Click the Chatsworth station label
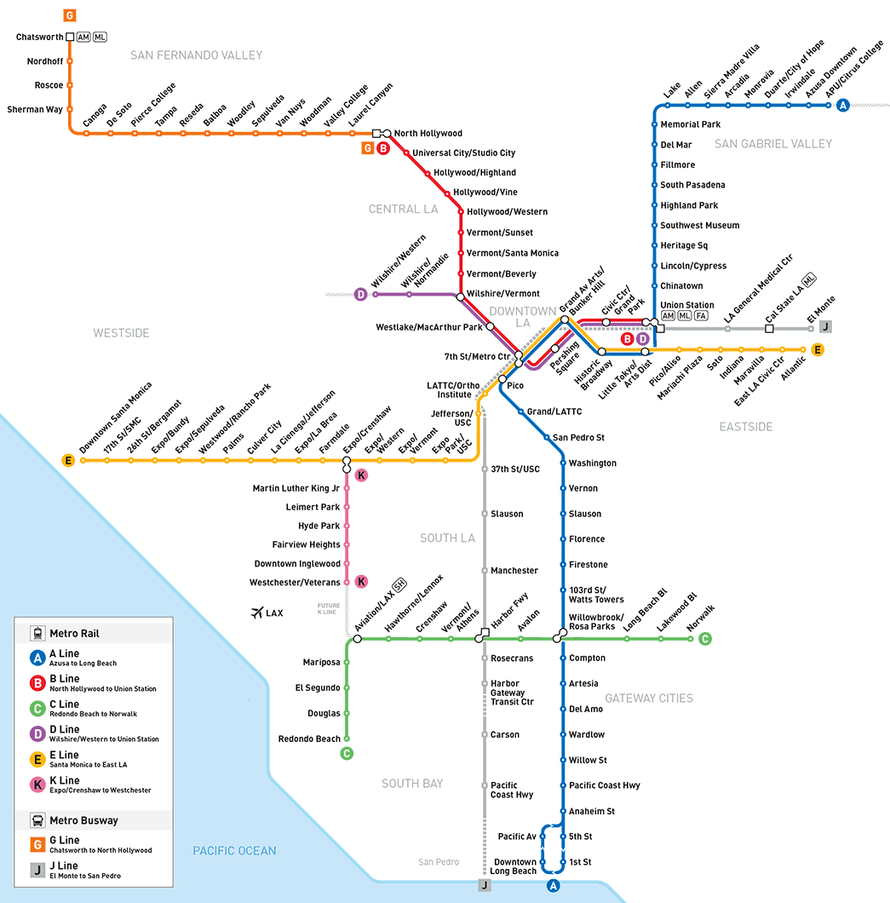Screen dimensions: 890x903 [40, 37]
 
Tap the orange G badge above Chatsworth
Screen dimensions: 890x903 [70, 15]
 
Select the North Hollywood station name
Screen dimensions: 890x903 [428, 133]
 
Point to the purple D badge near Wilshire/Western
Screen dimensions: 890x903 [360, 294]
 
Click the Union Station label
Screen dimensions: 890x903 [686, 305]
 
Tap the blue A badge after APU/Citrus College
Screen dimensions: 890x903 [843, 106]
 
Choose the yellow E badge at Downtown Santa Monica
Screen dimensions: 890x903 [68, 460]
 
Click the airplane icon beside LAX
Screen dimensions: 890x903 [257, 613]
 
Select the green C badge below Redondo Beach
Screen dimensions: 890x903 [347, 753]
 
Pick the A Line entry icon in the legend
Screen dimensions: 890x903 [37, 658]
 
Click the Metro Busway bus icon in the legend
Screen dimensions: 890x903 [37, 820]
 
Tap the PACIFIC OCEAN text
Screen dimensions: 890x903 [234, 850]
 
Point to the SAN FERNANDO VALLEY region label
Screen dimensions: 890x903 [196, 55]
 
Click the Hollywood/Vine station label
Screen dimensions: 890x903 [485, 192]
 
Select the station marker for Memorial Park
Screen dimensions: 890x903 [654, 124]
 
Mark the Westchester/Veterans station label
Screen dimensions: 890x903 [294, 582]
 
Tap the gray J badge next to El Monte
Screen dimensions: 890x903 [825, 326]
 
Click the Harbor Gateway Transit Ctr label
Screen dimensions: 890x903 [512, 693]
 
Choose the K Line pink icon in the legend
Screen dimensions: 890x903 [37, 785]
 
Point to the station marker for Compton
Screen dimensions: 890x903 [563, 658]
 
